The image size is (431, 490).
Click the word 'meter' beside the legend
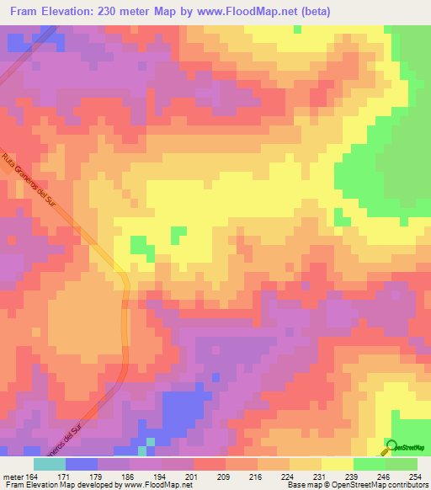(x=13, y=477)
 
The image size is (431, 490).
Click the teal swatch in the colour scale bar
(x=49, y=464)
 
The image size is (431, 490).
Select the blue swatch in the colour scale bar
(x=82, y=464)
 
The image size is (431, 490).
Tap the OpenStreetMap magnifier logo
(x=391, y=445)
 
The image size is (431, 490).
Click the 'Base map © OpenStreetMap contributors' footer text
(x=357, y=486)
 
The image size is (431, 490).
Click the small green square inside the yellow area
(x=178, y=233)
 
